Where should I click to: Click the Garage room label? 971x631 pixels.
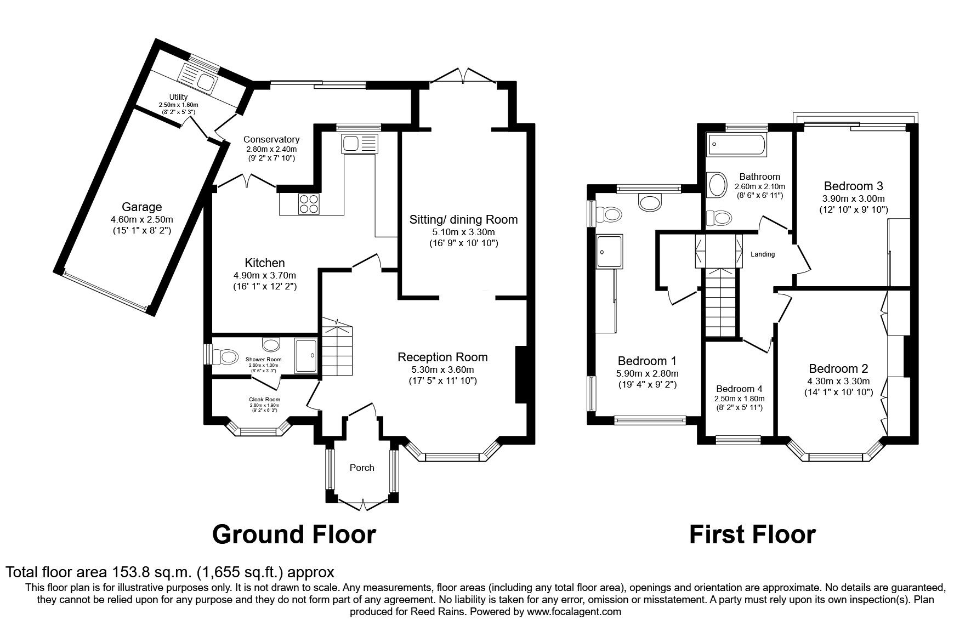click(141, 207)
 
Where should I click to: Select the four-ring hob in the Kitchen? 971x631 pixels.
click(309, 204)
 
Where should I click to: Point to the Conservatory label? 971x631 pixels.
click(271, 139)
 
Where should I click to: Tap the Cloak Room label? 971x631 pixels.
click(265, 400)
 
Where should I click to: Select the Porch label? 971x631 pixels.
click(362, 468)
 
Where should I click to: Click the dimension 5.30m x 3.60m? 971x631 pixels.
click(442, 369)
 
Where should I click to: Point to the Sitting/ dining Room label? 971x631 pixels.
click(463, 220)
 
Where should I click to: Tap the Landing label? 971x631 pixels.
click(763, 254)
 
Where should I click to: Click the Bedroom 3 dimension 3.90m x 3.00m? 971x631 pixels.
click(853, 198)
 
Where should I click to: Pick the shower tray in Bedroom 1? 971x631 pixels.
click(609, 252)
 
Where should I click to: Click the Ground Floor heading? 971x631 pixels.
click(294, 534)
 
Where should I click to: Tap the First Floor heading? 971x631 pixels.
click(752, 534)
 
